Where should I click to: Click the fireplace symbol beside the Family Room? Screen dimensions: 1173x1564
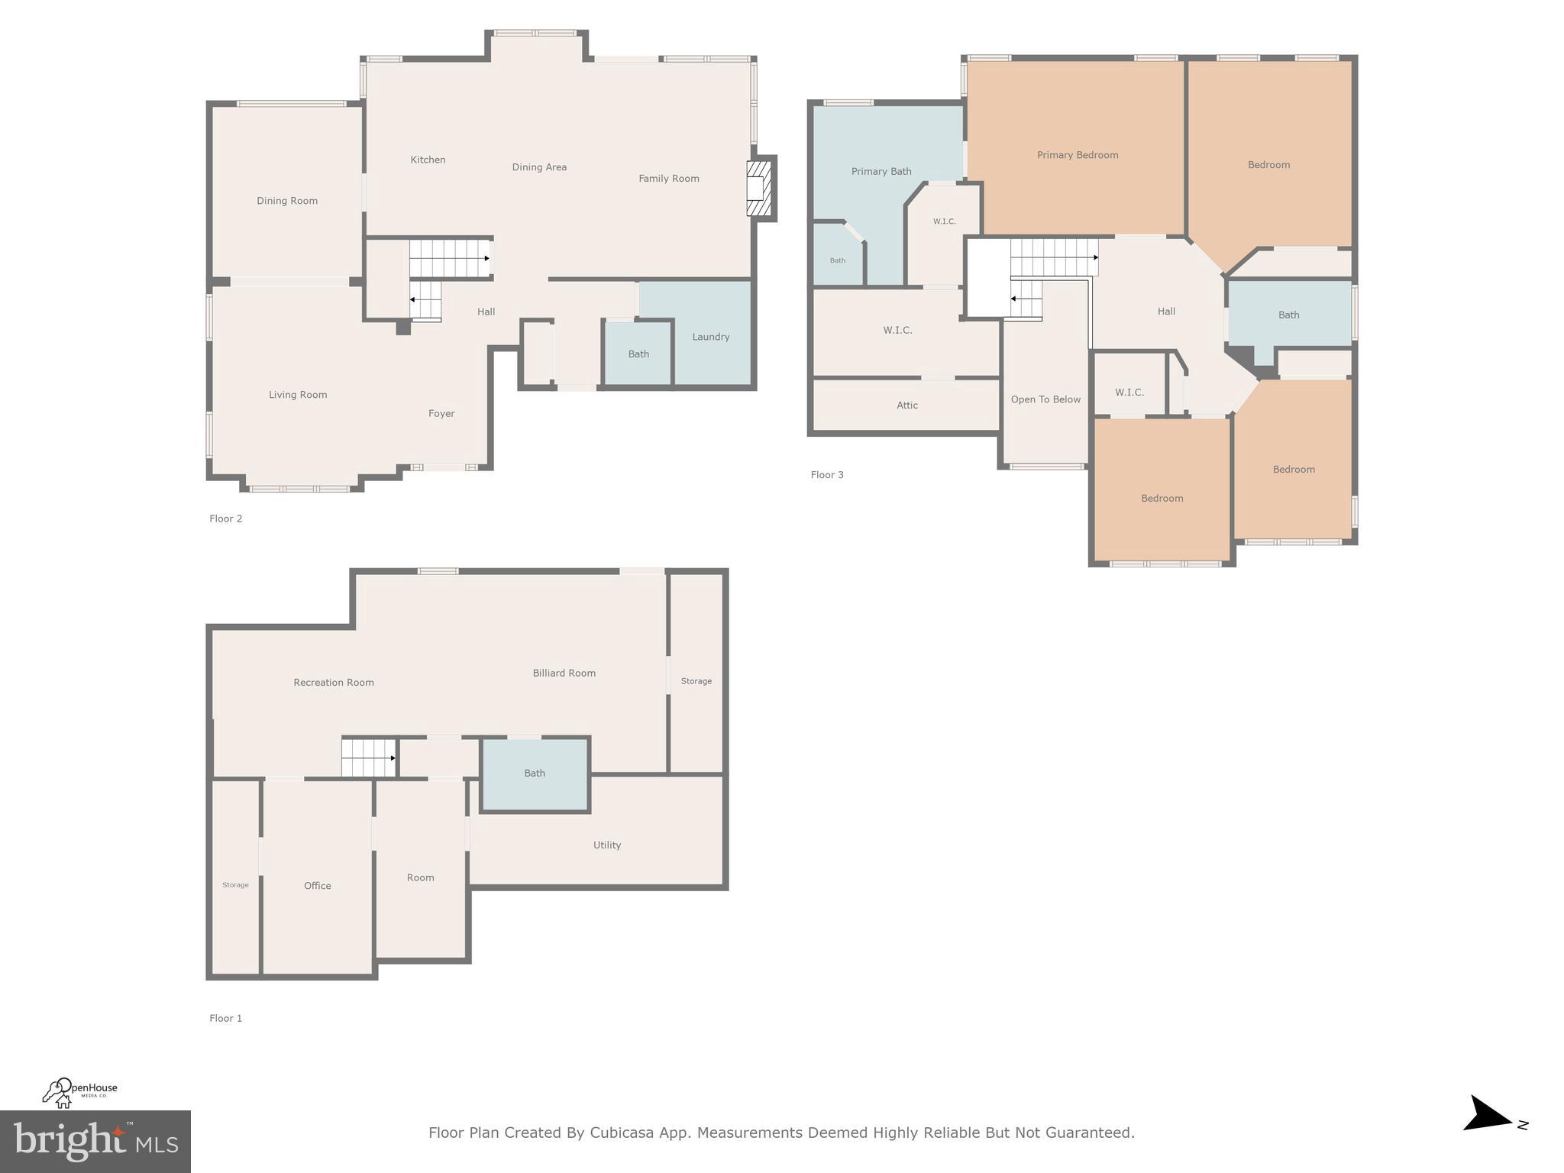tap(759, 189)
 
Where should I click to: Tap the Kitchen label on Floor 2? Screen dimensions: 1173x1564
tap(428, 160)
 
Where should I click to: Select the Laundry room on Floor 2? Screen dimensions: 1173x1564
tap(711, 337)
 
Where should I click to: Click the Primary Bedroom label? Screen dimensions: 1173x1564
tap(1077, 155)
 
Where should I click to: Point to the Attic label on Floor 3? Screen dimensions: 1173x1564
tap(907, 406)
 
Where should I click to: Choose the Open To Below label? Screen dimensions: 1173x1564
tap(1045, 399)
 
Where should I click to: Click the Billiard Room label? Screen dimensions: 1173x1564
tap(564, 673)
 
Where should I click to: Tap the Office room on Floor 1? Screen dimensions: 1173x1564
tap(318, 886)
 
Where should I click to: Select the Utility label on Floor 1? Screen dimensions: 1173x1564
tap(607, 845)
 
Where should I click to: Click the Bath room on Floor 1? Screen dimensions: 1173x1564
tap(535, 774)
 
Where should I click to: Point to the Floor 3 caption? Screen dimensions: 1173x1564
tap(827, 475)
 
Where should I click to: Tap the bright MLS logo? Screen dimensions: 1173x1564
tap(95, 1142)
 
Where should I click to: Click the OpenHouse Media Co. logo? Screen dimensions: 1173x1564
tap(79, 1092)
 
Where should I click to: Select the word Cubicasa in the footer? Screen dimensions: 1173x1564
tap(621, 1133)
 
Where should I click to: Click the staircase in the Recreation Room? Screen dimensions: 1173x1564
tap(368, 758)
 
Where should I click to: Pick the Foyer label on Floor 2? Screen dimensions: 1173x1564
tap(441, 413)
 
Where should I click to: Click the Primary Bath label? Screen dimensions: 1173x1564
tap(881, 172)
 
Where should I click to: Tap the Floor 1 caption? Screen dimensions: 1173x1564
tap(226, 1018)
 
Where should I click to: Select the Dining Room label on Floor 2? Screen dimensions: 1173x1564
tap(287, 201)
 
